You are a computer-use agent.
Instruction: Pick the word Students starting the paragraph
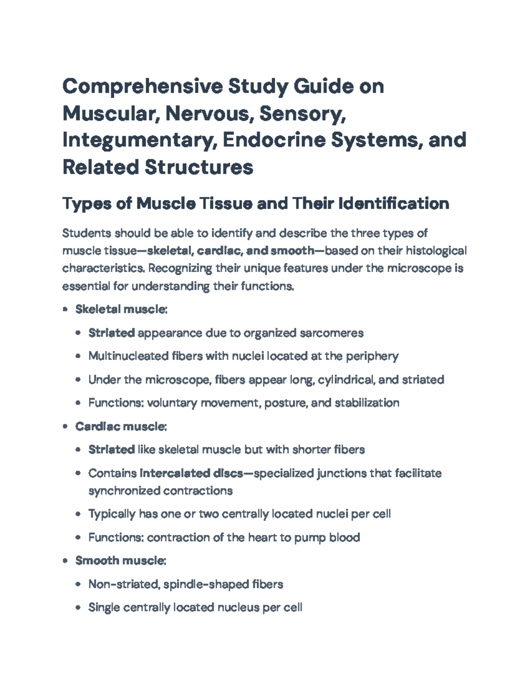pos(87,233)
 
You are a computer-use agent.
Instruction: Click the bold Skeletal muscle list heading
pos(121,309)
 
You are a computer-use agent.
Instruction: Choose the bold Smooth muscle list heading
pos(120,561)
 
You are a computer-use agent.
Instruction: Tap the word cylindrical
pos(344,379)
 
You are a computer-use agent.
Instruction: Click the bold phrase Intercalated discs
pos(191,473)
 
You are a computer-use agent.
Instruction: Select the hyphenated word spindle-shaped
pos(206,584)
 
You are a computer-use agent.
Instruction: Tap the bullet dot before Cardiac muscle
pos(65,427)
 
